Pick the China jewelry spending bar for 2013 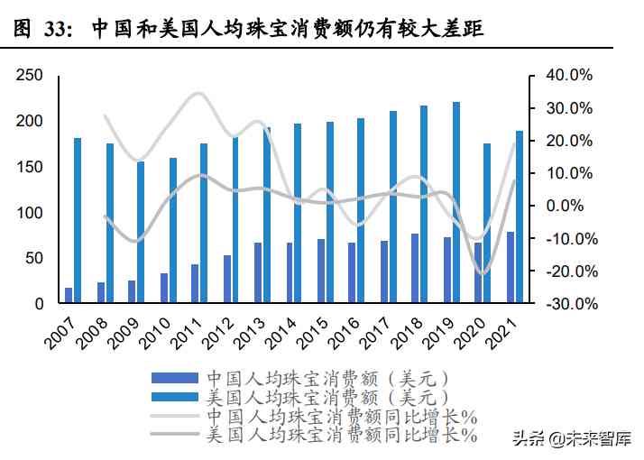click(258, 273)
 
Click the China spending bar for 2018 click(415, 269)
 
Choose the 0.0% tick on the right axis click(568, 207)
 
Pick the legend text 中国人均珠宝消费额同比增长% click(341, 416)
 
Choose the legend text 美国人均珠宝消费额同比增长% click(341, 436)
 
